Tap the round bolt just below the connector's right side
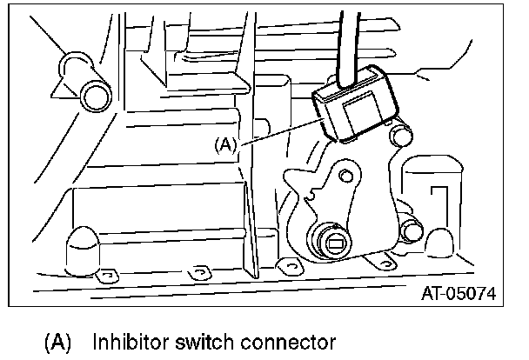[x=401, y=135]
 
